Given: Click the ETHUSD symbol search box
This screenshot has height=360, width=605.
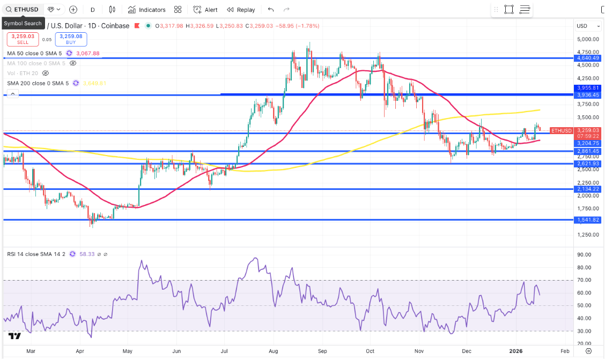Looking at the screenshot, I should point(23,10).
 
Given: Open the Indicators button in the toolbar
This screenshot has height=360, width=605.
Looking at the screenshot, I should point(146,10).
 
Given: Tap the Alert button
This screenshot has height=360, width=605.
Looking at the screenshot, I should point(205,10).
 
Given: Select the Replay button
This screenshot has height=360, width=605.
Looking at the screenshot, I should point(241,10).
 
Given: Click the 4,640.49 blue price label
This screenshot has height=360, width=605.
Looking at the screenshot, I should point(588,58).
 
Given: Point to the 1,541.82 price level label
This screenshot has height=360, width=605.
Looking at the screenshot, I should point(588,220).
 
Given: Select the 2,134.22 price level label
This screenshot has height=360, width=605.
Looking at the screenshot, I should point(588,189).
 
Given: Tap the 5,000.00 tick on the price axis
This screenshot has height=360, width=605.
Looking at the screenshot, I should point(588,39).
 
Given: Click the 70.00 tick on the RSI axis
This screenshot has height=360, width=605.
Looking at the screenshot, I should point(584,280).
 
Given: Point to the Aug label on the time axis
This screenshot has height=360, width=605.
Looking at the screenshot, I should point(272,350).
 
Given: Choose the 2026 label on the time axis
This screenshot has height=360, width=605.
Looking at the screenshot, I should point(516,350).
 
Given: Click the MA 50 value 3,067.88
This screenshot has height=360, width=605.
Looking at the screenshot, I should point(88,54).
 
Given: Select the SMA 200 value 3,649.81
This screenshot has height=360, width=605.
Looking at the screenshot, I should point(94,83).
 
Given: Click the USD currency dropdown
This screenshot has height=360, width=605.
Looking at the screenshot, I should point(584,26).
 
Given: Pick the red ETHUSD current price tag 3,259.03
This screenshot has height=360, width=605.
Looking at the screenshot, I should point(588,130).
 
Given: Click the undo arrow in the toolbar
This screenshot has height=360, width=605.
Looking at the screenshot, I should point(270,10).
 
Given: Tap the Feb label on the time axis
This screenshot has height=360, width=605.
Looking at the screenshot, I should point(564,350).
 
